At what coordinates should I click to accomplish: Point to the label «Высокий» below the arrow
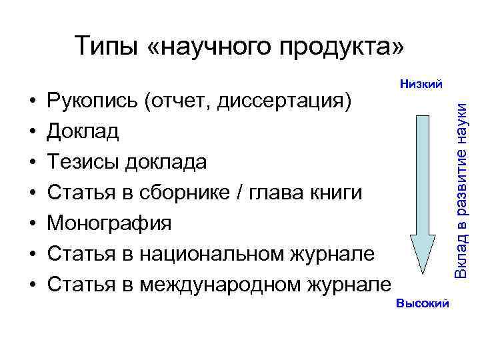(422, 304)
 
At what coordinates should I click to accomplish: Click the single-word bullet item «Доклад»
(83, 131)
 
